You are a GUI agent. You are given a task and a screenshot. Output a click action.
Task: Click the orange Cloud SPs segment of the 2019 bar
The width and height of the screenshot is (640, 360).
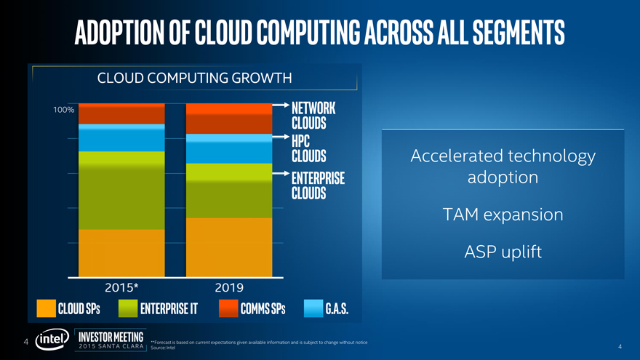tap(229, 247)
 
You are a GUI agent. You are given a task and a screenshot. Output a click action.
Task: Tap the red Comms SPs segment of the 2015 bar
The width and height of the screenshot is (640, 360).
tap(122, 114)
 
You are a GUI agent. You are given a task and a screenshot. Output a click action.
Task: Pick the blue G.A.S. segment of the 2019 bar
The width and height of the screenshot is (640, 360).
tap(229, 148)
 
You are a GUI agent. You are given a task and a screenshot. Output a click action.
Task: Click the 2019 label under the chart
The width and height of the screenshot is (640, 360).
tap(229, 287)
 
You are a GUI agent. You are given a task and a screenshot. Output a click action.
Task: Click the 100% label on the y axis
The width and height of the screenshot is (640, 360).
tap(63, 110)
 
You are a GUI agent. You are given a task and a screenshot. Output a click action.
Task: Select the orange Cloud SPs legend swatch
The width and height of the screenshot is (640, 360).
tap(47, 308)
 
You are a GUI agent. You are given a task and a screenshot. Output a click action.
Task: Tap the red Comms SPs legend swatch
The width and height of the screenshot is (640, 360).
tap(228, 308)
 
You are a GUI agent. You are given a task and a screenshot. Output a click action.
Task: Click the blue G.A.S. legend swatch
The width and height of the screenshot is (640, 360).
tap(313, 308)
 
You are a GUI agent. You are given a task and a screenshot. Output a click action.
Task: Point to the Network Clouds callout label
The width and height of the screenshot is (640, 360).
tap(313, 114)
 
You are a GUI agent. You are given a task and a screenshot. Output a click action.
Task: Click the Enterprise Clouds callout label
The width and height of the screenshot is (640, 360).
tap(317, 186)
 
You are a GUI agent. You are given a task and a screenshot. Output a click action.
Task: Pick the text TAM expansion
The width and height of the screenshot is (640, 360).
tap(503, 215)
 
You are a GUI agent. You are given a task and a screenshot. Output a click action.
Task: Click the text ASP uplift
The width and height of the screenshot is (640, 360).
tap(503, 252)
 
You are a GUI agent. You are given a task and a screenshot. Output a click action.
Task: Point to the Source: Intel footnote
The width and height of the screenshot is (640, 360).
tap(162, 348)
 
